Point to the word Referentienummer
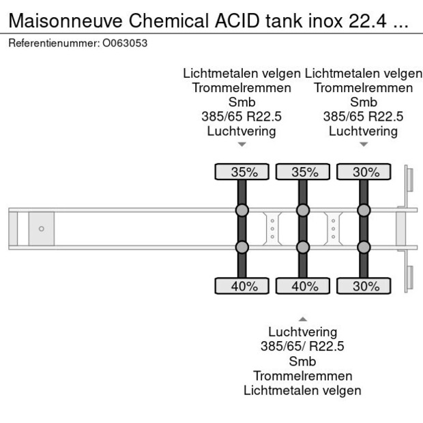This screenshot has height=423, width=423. [53, 43]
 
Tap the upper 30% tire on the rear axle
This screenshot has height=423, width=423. [364, 173]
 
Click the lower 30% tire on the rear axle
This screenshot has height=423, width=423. [364, 287]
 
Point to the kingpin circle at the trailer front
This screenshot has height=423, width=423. [41, 229]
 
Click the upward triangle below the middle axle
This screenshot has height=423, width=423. [303, 319]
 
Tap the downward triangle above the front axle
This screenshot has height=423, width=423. [242, 144]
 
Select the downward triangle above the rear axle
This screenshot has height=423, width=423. [364, 144]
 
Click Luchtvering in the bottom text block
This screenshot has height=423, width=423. [302, 332]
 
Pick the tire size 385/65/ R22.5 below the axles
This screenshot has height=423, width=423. [302, 347]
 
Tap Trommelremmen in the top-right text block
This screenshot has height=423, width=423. [364, 88]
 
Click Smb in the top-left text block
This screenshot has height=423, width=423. [242, 102]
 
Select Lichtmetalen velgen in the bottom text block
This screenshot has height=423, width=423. [302, 390]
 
